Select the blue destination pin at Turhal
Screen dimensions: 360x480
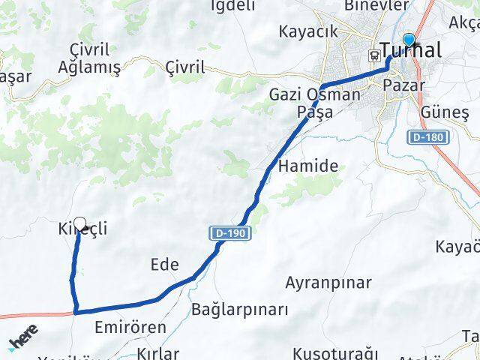pyautogui.click(x=409, y=41)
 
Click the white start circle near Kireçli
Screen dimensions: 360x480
pyautogui.click(x=80, y=223)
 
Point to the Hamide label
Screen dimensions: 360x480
pyautogui.click(x=307, y=166)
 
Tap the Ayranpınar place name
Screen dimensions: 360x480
pyautogui.click(x=328, y=283)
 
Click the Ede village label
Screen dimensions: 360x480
pyautogui.click(x=164, y=265)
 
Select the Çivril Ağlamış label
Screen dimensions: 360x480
pyautogui.click(x=89, y=58)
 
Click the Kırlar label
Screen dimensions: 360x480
pyautogui.click(x=158, y=353)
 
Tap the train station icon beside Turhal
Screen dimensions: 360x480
pyautogui.click(x=373, y=54)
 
